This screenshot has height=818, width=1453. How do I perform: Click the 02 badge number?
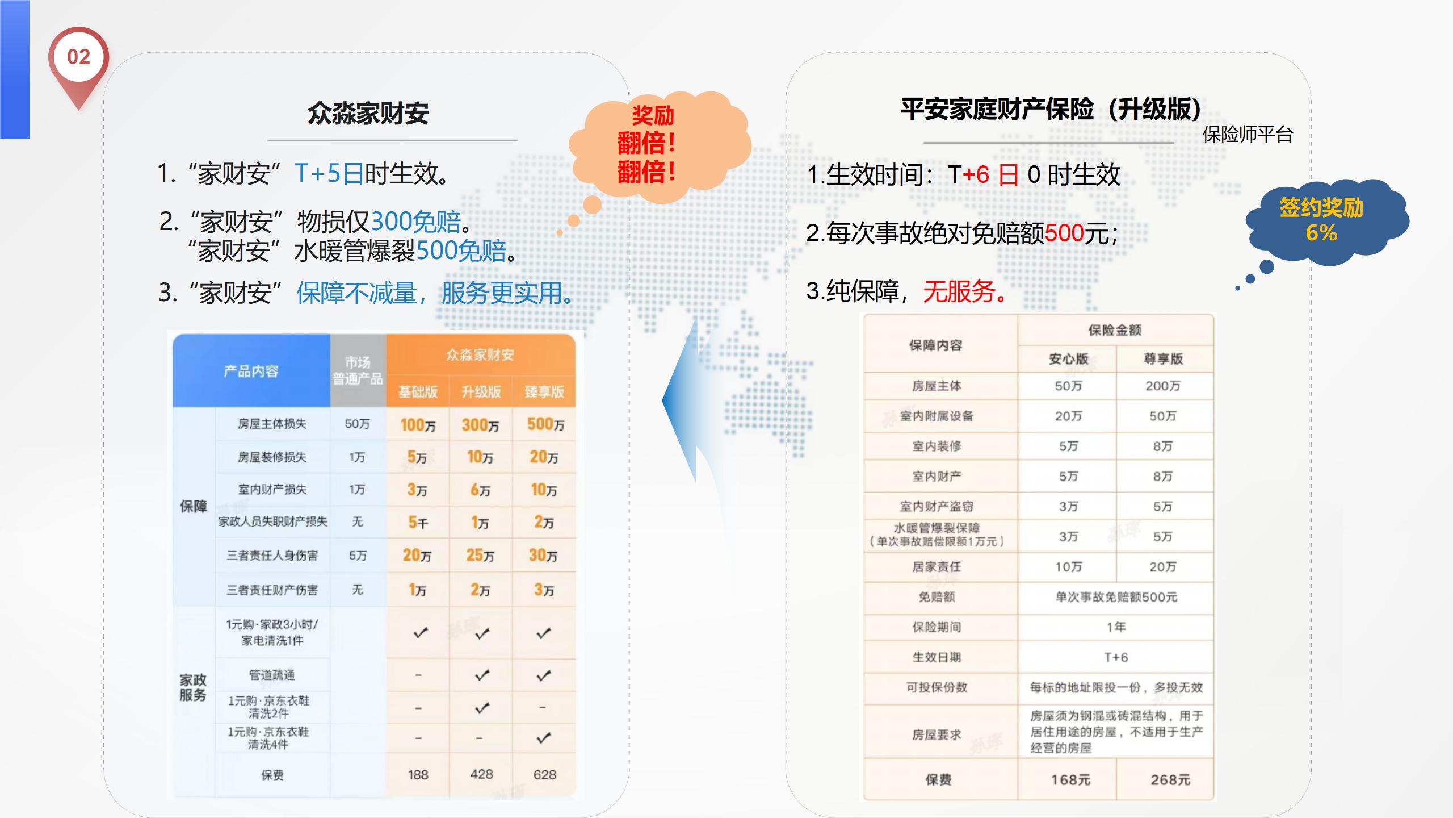click(78, 57)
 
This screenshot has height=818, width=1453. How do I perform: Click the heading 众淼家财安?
click(368, 113)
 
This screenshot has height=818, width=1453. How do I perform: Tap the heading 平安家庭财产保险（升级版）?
click(1051, 108)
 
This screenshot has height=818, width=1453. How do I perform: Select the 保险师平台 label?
click(1248, 135)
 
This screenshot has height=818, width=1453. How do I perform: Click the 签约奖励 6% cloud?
click(1325, 222)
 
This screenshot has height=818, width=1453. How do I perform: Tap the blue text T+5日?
click(329, 173)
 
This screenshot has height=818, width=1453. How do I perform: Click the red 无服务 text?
click(964, 291)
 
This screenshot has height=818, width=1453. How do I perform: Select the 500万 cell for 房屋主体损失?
click(545, 424)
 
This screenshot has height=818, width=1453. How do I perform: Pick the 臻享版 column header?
click(544, 391)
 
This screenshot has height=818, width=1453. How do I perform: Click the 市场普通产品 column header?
click(358, 370)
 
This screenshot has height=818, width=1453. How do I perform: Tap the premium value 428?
click(481, 774)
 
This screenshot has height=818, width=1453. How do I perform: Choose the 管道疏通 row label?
click(272, 675)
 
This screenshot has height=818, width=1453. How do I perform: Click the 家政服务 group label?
click(193, 687)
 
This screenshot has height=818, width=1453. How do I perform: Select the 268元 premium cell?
click(1170, 780)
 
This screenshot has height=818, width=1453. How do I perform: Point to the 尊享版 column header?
click(1163, 359)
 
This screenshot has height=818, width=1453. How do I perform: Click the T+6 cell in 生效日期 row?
click(1116, 657)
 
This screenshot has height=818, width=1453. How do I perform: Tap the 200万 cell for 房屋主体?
click(1162, 386)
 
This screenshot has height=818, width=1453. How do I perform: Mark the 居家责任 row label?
click(937, 566)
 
